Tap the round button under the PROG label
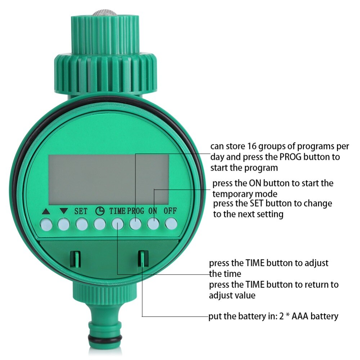tap(135, 225)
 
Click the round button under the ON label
tap(153, 225)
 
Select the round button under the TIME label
tap(117, 225)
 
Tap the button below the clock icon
tap(99, 225)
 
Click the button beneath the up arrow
tap(46, 225)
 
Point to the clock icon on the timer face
tap(99, 211)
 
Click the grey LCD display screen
tap(108, 179)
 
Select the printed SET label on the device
tap(81, 211)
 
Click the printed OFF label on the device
tap(170, 211)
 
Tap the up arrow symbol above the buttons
tap(46, 212)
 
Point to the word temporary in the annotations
tap(235, 194)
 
